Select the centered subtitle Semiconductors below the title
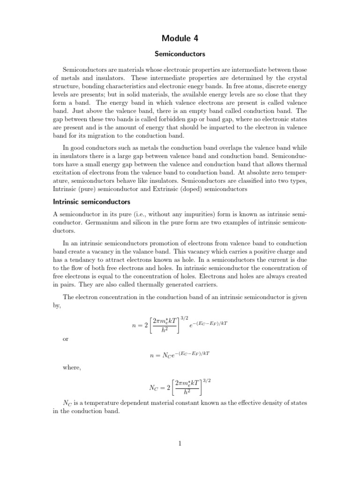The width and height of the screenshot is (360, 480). [180, 54]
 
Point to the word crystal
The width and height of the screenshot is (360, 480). [295, 77]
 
